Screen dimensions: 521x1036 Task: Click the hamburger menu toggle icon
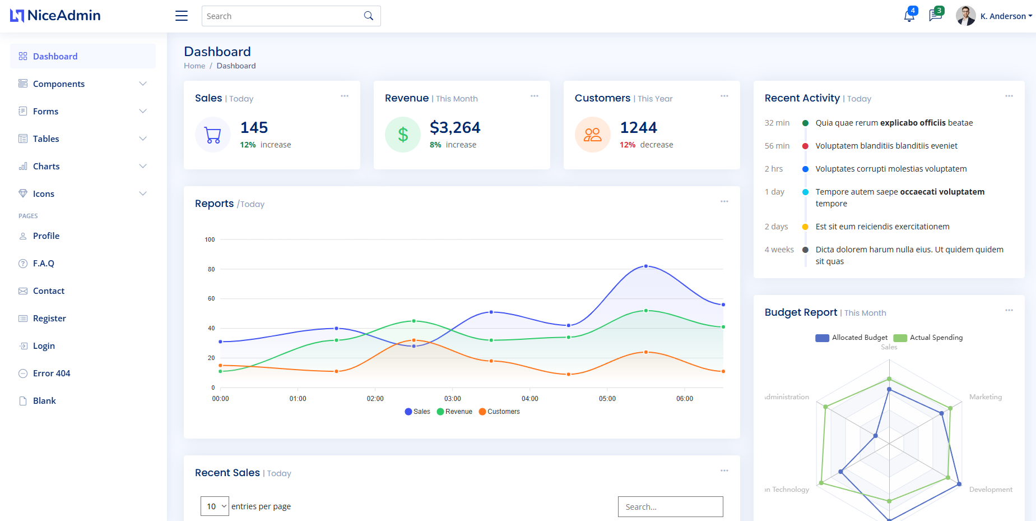pyautogui.click(x=182, y=16)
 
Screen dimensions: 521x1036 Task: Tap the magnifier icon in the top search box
pyautogui.click(x=368, y=16)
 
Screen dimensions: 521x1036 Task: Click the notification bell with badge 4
pyautogui.click(x=909, y=16)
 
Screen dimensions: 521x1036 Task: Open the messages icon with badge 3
pyautogui.click(x=935, y=15)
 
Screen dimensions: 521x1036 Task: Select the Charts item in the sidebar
pyautogui.click(x=46, y=166)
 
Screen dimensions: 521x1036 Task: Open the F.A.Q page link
pyautogui.click(x=43, y=263)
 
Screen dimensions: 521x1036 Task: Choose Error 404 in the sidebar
pyautogui.click(x=51, y=373)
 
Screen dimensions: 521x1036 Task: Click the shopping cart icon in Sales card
pyautogui.click(x=213, y=135)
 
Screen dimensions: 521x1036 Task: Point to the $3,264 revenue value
pyautogui.click(x=455, y=128)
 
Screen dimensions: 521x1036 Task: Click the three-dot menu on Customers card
pyautogui.click(x=724, y=96)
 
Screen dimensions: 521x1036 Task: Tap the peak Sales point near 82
pyautogui.click(x=646, y=266)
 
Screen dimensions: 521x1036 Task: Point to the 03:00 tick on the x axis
pyautogui.click(x=452, y=399)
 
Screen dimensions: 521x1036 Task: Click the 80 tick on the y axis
pyautogui.click(x=211, y=269)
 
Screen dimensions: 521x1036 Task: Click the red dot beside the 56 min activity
pyautogui.click(x=805, y=146)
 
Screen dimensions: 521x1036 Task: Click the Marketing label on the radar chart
pyautogui.click(x=985, y=397)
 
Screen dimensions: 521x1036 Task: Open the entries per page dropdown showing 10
pyautogui.click(x=215, y=506)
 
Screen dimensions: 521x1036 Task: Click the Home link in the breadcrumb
pyautogui.click(x=194, y=66)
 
